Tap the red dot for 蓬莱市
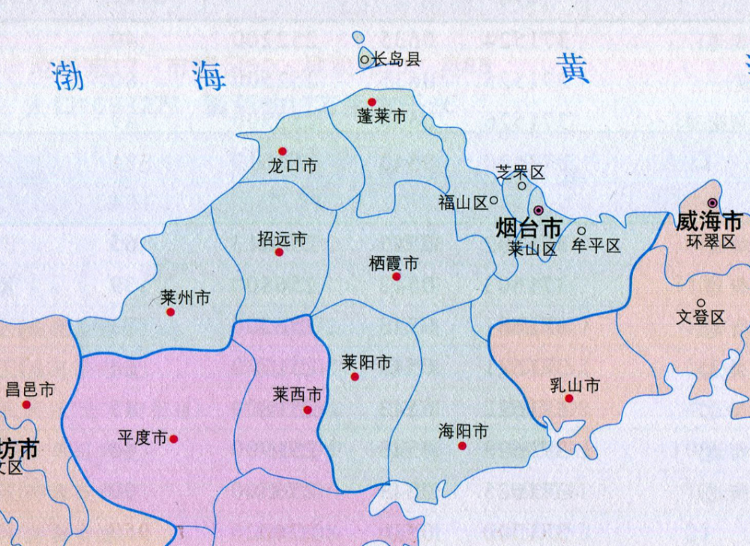tap(371, 102)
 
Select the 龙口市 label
tap(292, 166)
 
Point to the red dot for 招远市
tap(279, 252)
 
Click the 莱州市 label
tap(185, 297)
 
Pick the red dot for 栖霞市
tap(396, 276)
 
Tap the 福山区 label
tap(463, 202)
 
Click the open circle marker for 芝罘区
tap(522, 186)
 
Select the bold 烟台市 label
tap(529, 227)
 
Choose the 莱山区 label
tap(532, 249)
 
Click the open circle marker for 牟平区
tap(581, 231)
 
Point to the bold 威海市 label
tap(709, 222)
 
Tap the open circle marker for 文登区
tap(701, 303)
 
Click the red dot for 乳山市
tap(569, 398)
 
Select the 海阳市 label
tap(463, 431)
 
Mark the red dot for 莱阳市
tap(355, 376)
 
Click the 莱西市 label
tap(298, 394)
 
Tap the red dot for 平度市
tap(174, 439)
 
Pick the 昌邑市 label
tap(30, 389)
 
